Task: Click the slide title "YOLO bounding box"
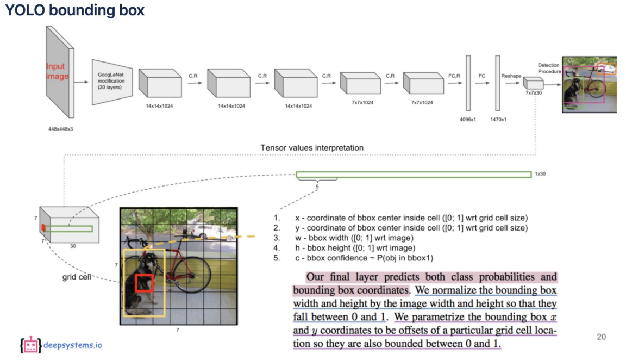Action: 75,10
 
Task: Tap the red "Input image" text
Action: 58,71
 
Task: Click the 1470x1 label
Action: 497,119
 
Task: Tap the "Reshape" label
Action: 511,76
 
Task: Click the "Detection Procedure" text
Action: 549,69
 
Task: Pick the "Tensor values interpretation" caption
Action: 312,148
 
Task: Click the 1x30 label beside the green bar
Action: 541,175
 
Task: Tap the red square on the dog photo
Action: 145,284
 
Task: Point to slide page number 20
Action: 601,337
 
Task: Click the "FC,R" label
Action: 454,76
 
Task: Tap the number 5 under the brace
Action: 317,187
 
